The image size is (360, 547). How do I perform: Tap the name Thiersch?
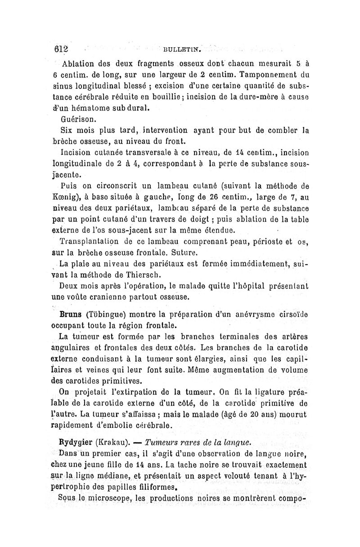point(135,274)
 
